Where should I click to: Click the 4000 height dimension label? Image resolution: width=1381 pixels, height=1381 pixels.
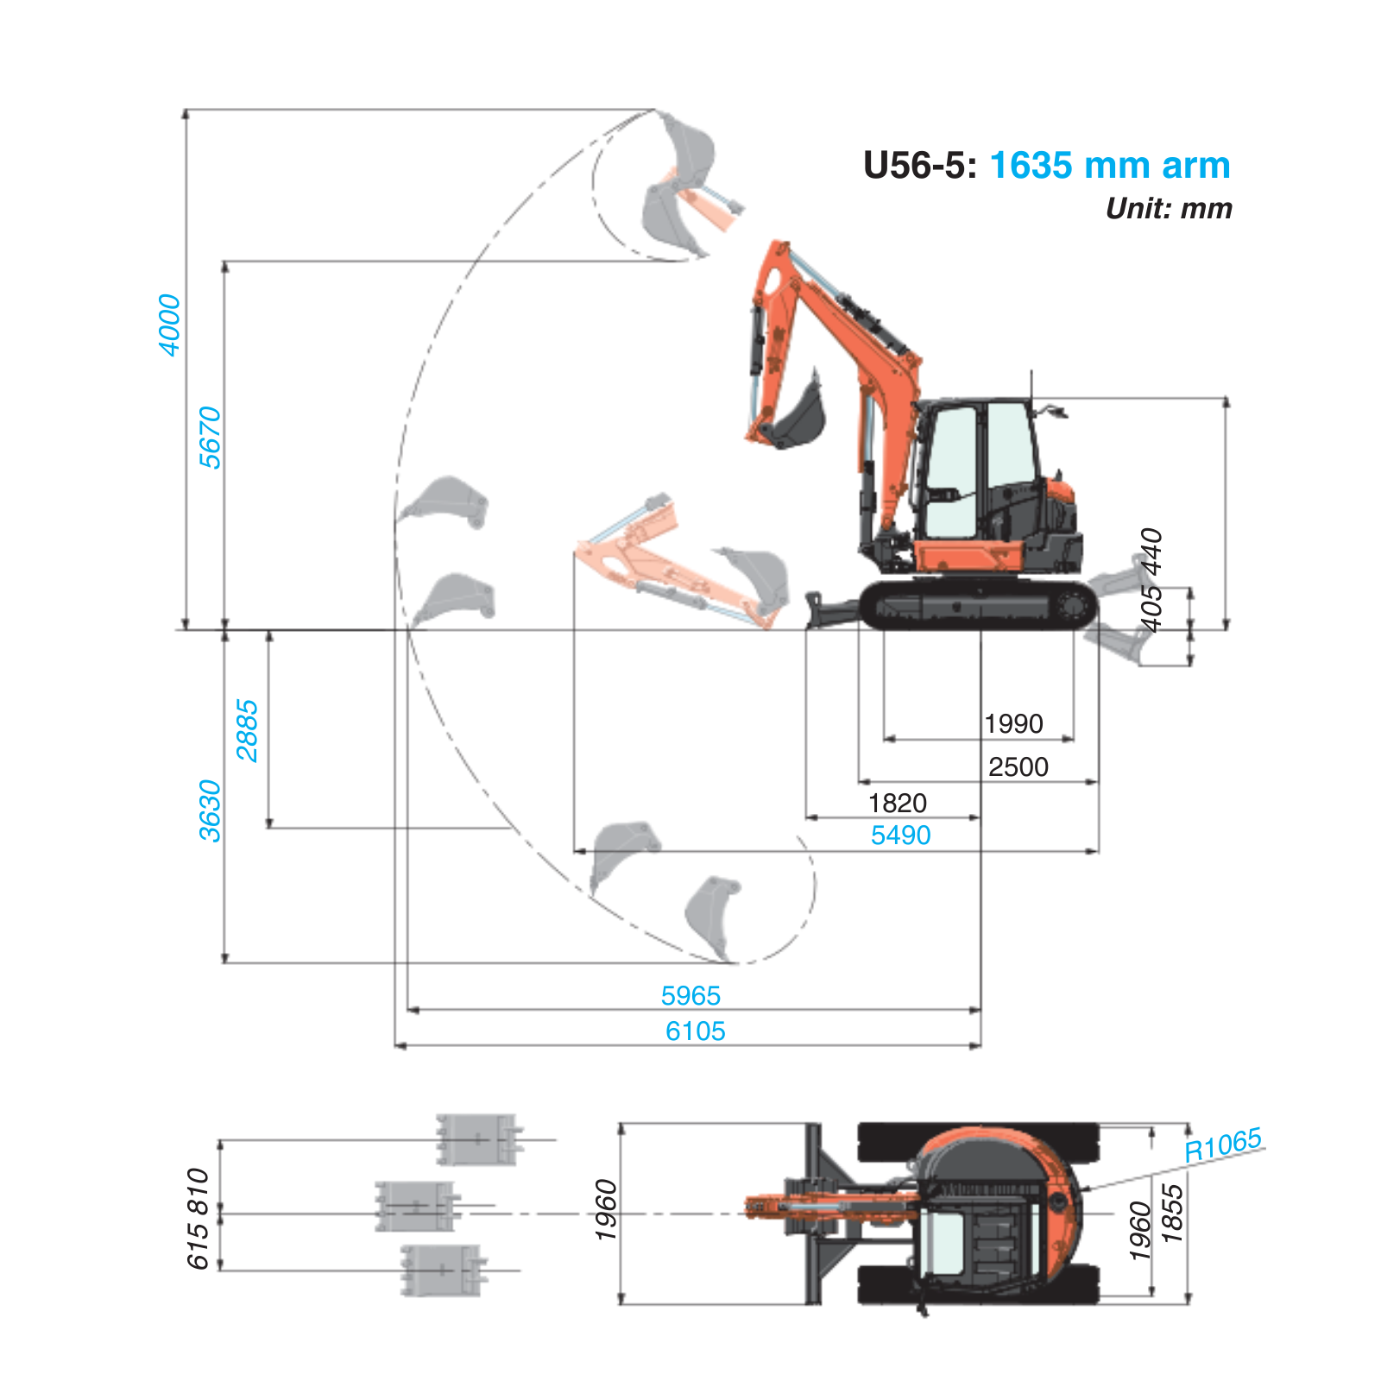pos(170,325)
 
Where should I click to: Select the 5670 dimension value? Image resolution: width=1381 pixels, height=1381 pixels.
pos(210,438)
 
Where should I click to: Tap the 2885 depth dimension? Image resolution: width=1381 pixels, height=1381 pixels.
pos(247,730)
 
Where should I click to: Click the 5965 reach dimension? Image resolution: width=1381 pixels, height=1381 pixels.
pos(690,995)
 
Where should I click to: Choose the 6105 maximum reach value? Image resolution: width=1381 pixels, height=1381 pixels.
pos(695,1031)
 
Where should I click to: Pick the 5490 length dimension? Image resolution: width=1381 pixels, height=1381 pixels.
pos(900,835)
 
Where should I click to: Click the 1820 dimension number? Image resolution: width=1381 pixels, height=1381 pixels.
pos(897,803)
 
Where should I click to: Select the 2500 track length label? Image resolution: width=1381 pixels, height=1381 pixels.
pos(1018,766)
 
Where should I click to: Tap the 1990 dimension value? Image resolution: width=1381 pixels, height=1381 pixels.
pos(1013,723)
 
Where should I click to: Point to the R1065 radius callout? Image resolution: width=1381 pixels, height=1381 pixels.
pos(1222,1145)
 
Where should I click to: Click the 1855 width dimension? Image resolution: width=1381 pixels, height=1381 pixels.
pos(1172,1213)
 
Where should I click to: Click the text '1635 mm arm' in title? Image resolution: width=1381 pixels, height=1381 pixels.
pos(1109,165)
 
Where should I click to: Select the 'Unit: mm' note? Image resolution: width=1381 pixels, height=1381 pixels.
pos(1169,209)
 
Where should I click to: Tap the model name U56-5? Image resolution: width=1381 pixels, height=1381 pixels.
pos(919,165)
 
